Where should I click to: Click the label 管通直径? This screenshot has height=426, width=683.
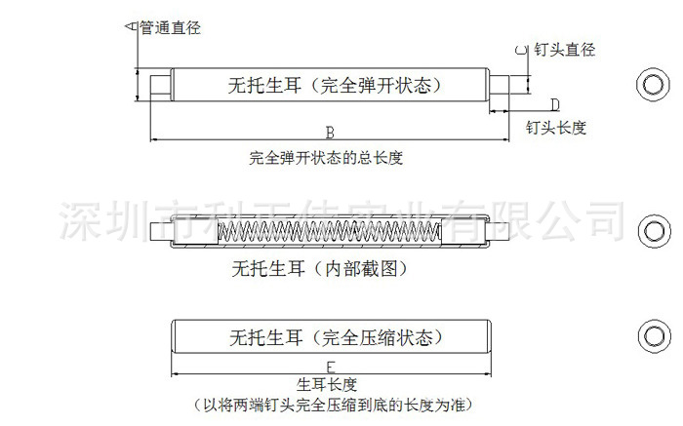(x=171, y=28)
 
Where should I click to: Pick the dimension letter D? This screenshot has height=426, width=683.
(x=553, y=104)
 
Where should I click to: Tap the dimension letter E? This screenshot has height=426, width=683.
(x=331, y=367)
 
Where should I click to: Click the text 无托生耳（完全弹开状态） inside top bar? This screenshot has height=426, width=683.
(x=329, y=84)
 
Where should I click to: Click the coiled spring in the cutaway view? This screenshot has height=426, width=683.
(x=328, y=232)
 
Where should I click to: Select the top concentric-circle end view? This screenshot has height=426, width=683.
(x=650, y=84)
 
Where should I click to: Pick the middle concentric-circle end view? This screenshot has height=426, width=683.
(x=650, y=230)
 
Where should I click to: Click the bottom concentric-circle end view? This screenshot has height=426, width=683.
(x=650, y=335)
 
